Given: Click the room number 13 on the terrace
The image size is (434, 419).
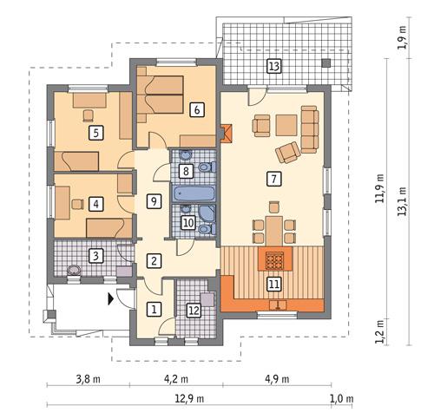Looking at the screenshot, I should [x=273, y=67].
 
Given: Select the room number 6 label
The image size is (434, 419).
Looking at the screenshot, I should [x=197, y=109].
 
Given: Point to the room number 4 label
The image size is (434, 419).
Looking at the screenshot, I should [x=95, y=205].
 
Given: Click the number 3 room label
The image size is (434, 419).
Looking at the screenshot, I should [x=97, y=255].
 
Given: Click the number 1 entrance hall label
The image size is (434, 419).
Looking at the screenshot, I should [x=154, y=308].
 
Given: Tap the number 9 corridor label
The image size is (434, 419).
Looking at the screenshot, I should [x=154, y=201].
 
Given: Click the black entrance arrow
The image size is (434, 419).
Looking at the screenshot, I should [x=109, y=300].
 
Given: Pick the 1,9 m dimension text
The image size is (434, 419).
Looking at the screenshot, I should [x=401, y=42].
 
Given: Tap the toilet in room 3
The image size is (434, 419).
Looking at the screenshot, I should [x=75, y=271].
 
